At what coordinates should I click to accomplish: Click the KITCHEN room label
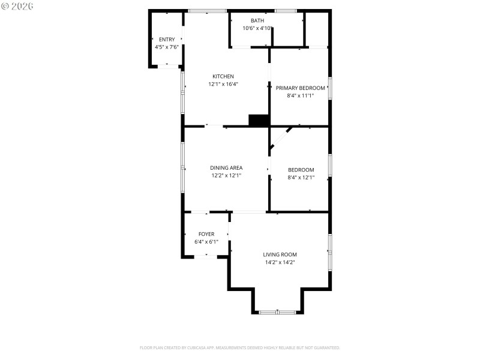pyautogui.click(x=223, y=76)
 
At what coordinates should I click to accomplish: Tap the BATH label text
pyautogui.click(x=257, y=20)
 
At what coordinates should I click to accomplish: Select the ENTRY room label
pyautogui.click(x=167, y=40)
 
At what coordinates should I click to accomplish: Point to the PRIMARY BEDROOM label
pyautogui.click(x=300, y=88)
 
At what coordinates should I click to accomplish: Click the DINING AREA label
pyautogui.click(x=226, y=168)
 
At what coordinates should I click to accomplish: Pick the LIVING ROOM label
pyautogui.click(x=280, y=254)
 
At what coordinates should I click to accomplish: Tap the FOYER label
pyautogui.click(x=206, y=234)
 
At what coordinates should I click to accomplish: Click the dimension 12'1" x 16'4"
pyautogui.click(x=223, y=84)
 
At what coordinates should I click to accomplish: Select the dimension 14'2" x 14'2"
pyautogui.click(x=280, y=262)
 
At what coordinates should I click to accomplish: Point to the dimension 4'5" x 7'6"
pyautogui.click(x=167, y=47)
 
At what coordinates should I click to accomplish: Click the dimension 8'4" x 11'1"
pyautogui.click(x=301, y=95)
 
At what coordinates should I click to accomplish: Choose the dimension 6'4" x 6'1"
pyautogui.click(x=206, y=242)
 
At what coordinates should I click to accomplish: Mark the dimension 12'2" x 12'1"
pyautogui.click(x=226, y=176)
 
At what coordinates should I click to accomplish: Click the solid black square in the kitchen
pyautogui.click(x=259, y=120)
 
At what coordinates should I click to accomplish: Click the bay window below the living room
pyautogui.click(x=277, y=312)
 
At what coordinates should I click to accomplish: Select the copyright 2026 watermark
pyautogui.click(x=17, y=5)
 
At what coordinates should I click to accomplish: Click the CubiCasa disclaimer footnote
pyautogui.click(x=240, y=347)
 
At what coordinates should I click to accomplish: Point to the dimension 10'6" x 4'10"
pyautogui.click(x=257, y=28)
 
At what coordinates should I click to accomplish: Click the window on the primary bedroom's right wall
pyautogui.click(x=329, y=88)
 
